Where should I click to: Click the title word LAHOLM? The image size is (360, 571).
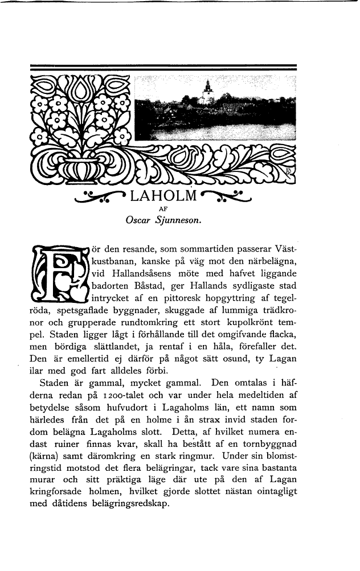coord(163,199)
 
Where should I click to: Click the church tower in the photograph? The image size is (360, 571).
coord(208,91)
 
